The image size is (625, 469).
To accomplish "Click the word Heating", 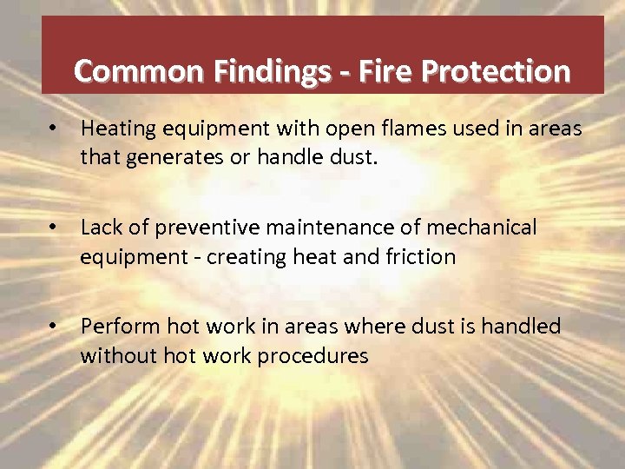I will click(x=115, y=129).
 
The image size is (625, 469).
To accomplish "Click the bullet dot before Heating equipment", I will click(x=54, y=129).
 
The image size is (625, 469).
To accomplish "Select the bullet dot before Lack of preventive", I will click(x=54, y=227).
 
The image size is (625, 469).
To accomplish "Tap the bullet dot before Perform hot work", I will click(x=54, y=326).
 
